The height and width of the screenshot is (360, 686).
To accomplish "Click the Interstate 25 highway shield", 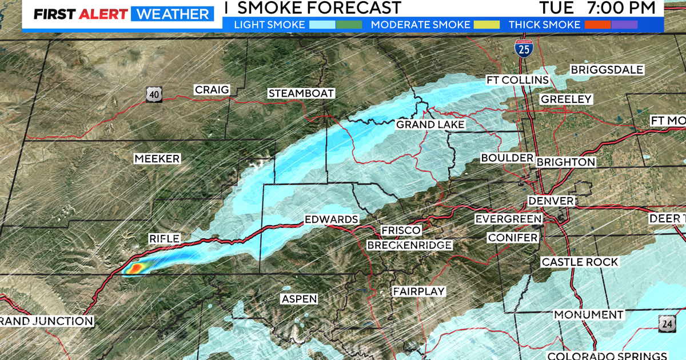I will (521, 47).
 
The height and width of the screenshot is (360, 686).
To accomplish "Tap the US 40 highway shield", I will (153, 94).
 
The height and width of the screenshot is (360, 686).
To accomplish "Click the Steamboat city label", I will (301, 94).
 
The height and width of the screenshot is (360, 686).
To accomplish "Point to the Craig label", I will (212, 90).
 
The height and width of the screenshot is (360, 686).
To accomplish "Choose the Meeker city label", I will (157, 159).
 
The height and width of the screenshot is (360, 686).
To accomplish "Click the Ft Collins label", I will (517, 80).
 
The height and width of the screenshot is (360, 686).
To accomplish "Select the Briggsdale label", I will (607, 70).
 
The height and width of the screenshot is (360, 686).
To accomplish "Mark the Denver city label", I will (551, 201).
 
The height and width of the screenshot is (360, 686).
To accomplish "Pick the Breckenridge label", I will (410, 245).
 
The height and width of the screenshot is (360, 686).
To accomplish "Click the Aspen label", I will (299, 299).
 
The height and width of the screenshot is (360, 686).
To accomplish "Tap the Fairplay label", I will (419, 291).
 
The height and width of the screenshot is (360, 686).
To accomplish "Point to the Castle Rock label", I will (580, 262).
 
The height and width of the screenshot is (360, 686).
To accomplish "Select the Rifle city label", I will (165, 238).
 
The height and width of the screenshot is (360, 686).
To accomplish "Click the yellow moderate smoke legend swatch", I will (486, 25).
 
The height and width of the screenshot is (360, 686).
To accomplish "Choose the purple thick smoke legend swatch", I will (624, 25).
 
